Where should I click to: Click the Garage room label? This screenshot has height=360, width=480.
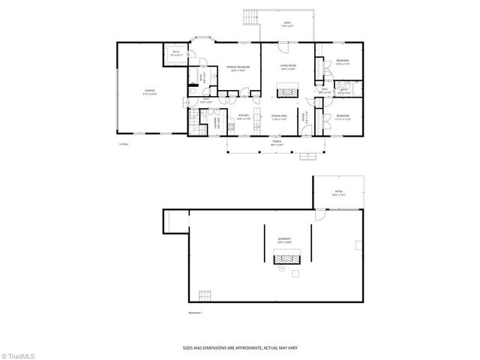[151, 92]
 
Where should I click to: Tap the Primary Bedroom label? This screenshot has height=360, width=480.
[237, 69]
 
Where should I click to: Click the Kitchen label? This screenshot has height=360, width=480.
[243, 117]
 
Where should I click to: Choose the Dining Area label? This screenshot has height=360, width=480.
[280, 117]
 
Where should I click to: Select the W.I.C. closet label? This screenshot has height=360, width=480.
[175, 54]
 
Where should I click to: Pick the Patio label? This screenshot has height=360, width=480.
[338, 192]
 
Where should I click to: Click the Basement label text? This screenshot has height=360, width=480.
[284, 241]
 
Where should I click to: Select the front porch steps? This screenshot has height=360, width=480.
[306, 157]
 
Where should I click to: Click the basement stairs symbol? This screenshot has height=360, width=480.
[204, 293]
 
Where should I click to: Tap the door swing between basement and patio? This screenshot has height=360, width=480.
[319, 215]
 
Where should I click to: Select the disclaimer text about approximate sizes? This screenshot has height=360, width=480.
[239, 349]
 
